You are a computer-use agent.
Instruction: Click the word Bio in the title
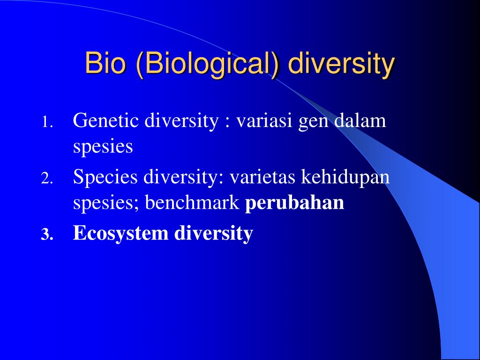(105, 63)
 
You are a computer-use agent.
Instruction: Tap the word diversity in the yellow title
(341, 65)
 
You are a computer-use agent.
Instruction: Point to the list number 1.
(47, 122)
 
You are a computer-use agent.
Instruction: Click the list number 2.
(47, 179)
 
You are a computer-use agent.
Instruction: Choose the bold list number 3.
(47, 235)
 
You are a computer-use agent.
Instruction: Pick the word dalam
(360, 120)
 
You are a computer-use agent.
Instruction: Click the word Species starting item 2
(105, 177)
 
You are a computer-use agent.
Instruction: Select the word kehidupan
(345, 177)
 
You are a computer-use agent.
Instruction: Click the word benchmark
(192, 202)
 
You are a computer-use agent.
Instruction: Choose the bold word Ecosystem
(120, 233)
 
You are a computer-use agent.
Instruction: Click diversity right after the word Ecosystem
(213, 233)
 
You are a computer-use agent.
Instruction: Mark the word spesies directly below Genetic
(103, 147)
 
